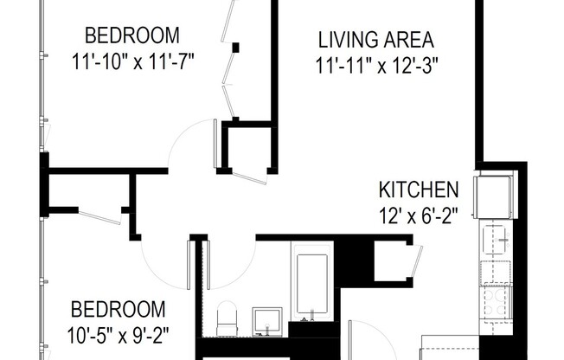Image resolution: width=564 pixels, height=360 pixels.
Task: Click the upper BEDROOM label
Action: [x=132, y=36]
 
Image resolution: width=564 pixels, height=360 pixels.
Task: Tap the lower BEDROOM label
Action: [x=117, y=309]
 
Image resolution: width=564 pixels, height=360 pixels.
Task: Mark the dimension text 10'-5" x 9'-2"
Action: [x=117, y=333]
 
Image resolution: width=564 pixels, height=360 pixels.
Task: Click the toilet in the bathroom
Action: [x=228, y=318]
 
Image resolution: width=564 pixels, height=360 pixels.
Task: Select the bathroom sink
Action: [x=267, y=321]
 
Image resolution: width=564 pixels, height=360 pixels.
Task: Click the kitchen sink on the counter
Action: [x=497, y=235]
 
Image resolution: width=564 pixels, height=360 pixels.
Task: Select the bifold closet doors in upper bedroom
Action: [x=230, y=61]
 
